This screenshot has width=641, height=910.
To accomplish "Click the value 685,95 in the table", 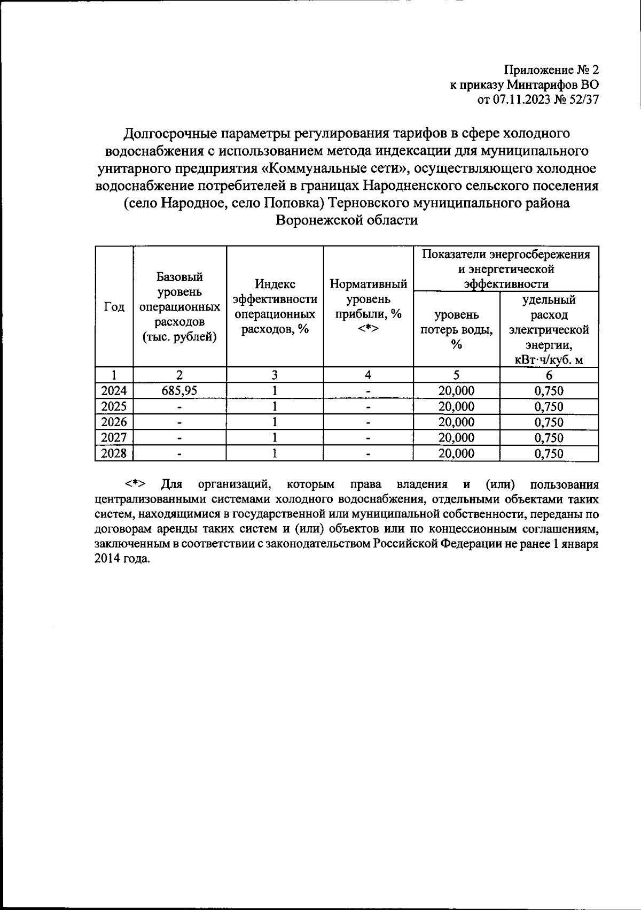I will (179, 391).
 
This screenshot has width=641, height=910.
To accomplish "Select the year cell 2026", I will (114, 422).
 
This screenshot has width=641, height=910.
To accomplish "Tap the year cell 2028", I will (114, 454).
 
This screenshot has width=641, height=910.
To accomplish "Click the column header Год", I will (114, 307).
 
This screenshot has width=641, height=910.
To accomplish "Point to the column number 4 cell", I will (368, 375).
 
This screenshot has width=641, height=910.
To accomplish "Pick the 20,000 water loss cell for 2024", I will (456, 391).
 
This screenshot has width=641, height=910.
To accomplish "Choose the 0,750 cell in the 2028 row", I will (549, 454).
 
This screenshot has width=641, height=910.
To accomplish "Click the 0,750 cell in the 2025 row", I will (549, 407).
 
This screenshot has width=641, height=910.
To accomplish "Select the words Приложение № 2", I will (552, 70).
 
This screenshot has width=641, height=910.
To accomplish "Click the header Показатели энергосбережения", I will (506, 255).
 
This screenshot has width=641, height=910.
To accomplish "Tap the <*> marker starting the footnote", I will (136, 485).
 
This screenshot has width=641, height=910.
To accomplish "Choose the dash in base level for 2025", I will (179, 407).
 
